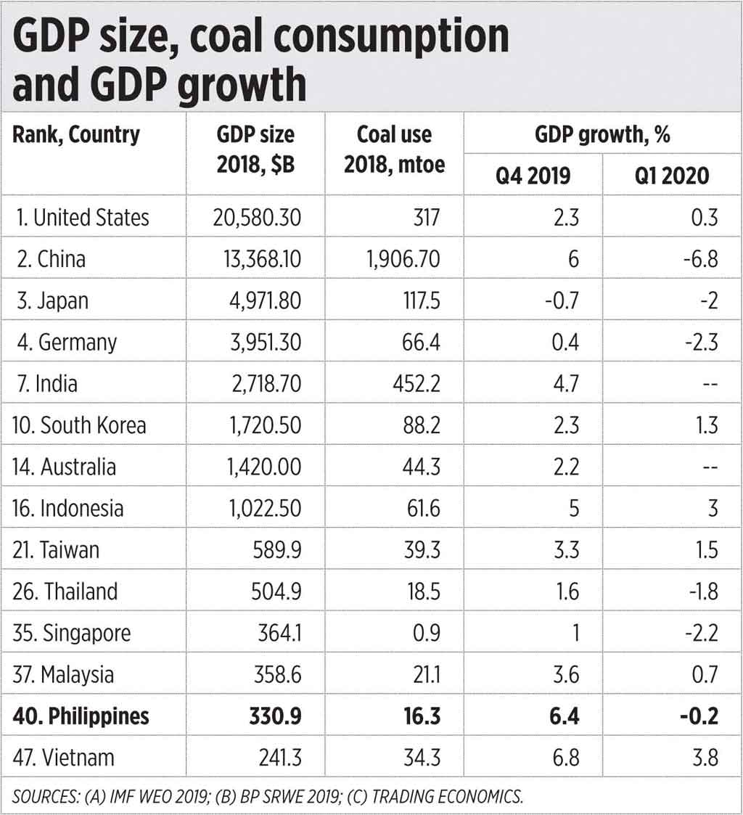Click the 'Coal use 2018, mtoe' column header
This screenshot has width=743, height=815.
[394, 150]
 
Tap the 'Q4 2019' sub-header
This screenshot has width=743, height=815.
[533, 176]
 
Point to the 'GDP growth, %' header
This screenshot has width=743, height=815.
[602, 134]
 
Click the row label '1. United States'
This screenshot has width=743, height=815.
[81, 217]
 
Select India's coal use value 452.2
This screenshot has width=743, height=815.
[415, 383]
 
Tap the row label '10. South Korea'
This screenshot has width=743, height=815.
[80, 425]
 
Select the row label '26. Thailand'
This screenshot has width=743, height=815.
[65, 591]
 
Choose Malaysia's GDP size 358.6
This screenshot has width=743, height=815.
[276, 674]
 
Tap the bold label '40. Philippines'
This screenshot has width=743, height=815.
[81, 716]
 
